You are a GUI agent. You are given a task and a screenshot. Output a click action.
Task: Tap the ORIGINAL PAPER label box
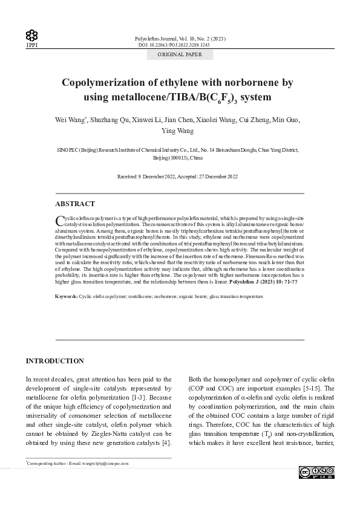tap(180, 54)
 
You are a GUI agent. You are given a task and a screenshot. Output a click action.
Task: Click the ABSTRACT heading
tap(74, 204)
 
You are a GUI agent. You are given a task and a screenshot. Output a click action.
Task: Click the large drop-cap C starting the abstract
tap(59, 220)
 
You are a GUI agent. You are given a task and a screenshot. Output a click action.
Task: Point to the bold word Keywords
tap(66, 297)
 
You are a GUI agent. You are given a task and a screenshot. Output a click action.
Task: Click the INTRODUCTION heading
tap(54, 361)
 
